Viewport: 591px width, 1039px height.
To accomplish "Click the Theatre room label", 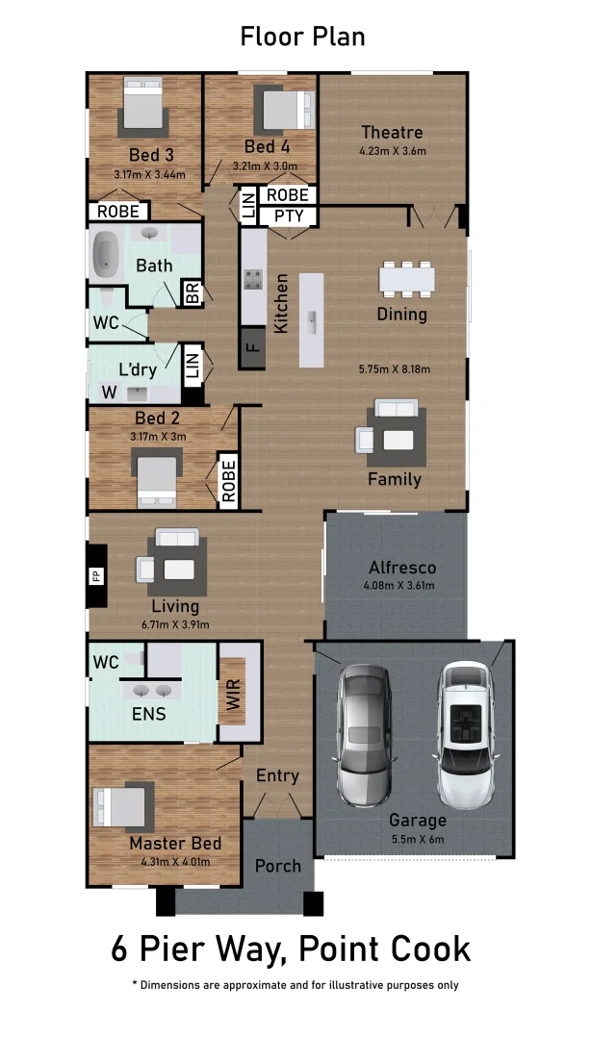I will [392, 133].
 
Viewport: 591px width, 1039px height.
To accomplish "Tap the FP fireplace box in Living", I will [96, 576].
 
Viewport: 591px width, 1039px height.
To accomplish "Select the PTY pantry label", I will [288, 215].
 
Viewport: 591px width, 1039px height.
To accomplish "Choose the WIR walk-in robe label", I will [232, 694].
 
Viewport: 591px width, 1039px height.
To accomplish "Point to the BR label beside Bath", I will [192, 293].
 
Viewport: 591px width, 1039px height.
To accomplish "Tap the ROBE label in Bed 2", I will [229, 481].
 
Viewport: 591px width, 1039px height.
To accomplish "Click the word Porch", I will [278, 866].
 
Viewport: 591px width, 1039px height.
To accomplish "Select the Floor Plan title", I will [301, 38].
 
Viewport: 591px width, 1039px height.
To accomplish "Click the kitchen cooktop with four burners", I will [253, 280].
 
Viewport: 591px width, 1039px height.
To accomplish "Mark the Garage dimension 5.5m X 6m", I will [418, 839].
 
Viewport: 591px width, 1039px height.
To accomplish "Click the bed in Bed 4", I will [283, 109].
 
